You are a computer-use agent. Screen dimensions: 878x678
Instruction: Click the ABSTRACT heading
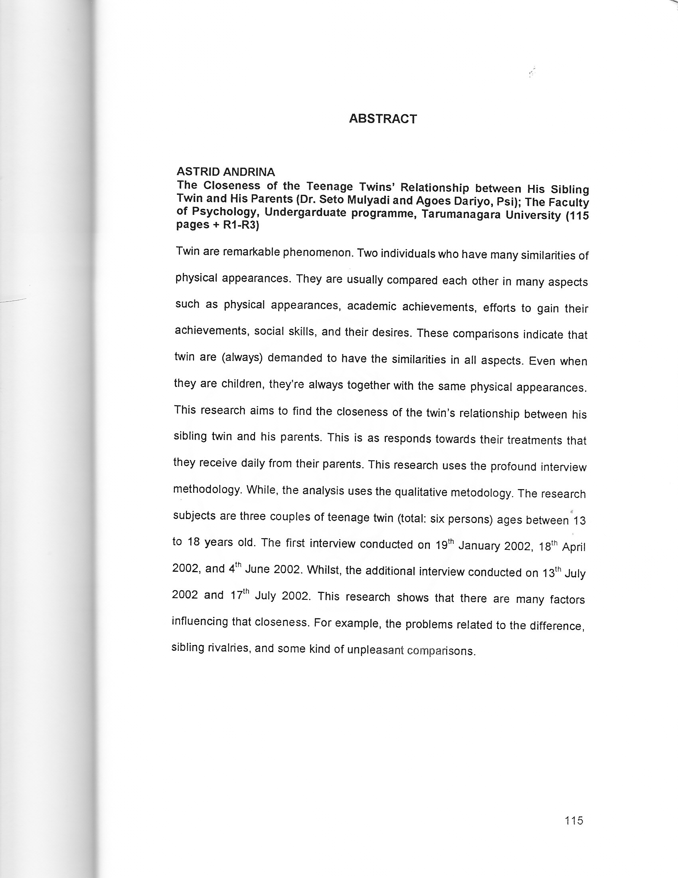383,119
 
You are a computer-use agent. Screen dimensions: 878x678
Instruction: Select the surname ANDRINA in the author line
249,172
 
